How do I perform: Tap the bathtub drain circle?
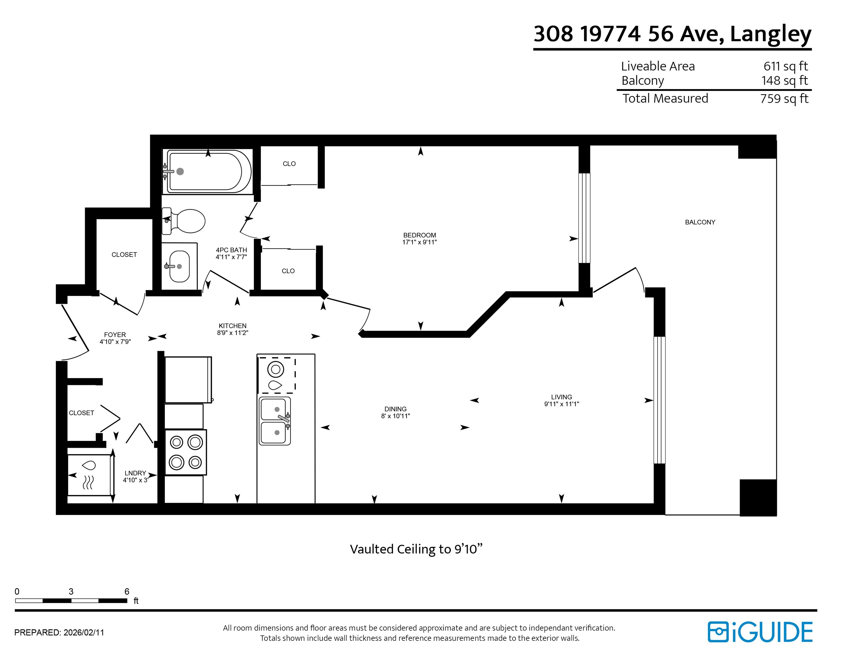coord(180,172)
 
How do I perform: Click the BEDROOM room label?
coord(419,235)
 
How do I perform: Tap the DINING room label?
coord(395,409)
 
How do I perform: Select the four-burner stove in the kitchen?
coord(186,452)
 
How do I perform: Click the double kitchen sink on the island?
coord(275,421)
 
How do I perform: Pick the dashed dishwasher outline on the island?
coord(277,375)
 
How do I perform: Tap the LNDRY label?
coord(135,473)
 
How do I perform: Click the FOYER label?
coord(115,335)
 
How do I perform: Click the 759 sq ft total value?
coord(784,99)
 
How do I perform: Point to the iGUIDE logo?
coord(760,632)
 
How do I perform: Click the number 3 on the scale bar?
coord(71,592)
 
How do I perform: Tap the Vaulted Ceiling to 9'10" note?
coord(416,549)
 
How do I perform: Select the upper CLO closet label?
coord(289,164)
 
